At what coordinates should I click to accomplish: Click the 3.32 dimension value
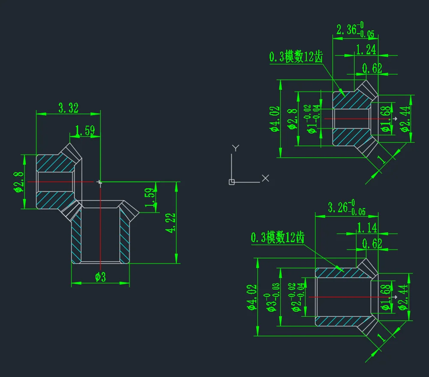click(68, 108)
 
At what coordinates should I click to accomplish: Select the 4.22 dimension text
click(170, 223)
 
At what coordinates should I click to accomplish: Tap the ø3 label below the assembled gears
click(100, 277)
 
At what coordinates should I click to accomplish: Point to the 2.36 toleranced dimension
click(355, 30)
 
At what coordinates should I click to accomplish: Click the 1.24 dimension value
click(366, 49)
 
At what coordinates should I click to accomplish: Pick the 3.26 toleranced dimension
click(347, 207)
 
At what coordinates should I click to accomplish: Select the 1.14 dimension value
click(367, 228)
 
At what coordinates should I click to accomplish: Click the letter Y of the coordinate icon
click(236, 148)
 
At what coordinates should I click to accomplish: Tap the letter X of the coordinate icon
click(266, 178)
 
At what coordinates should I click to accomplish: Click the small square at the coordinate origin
click(232, 182)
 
